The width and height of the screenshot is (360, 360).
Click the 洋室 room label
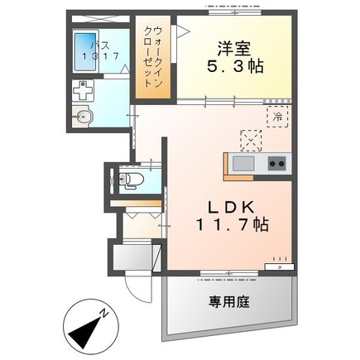(x=234, y=49)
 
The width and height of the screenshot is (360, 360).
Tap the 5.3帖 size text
(x=235, y=66)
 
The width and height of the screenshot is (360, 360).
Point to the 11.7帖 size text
(x=233, y=224)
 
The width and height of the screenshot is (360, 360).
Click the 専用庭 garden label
(x=229, y=301)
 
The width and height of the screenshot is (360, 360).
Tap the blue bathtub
(x=86, y=52)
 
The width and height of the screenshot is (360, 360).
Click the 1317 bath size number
(x=101, y=56)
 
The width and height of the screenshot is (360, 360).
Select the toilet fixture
(x=131, y=180)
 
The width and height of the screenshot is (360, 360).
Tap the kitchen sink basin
(x=243, y=163)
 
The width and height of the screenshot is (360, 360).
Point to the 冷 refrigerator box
(x=277, y=117)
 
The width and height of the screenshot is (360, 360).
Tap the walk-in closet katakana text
(x=152, y=57)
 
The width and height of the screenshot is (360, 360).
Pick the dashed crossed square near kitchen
(x=251, y=141)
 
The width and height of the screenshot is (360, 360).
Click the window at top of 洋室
(x=235, y=12)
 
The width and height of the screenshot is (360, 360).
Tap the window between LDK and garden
(x=229, y=273)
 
